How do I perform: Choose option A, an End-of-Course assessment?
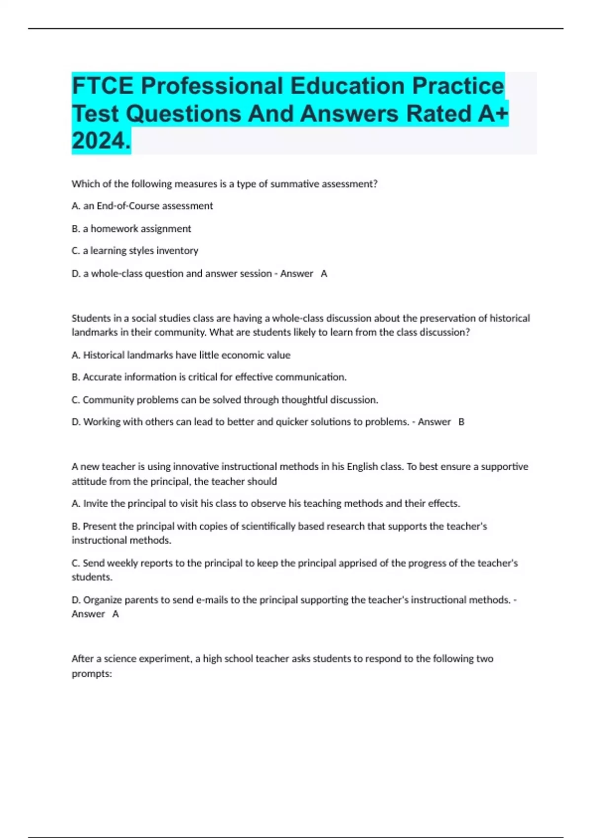142,206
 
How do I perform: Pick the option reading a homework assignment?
131,229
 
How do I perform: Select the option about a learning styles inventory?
135,251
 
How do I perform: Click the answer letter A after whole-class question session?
324,274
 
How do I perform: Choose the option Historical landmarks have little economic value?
181,355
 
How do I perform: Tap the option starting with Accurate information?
209,377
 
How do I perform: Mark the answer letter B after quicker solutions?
461,422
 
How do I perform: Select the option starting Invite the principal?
266,503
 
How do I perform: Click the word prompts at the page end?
91,673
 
